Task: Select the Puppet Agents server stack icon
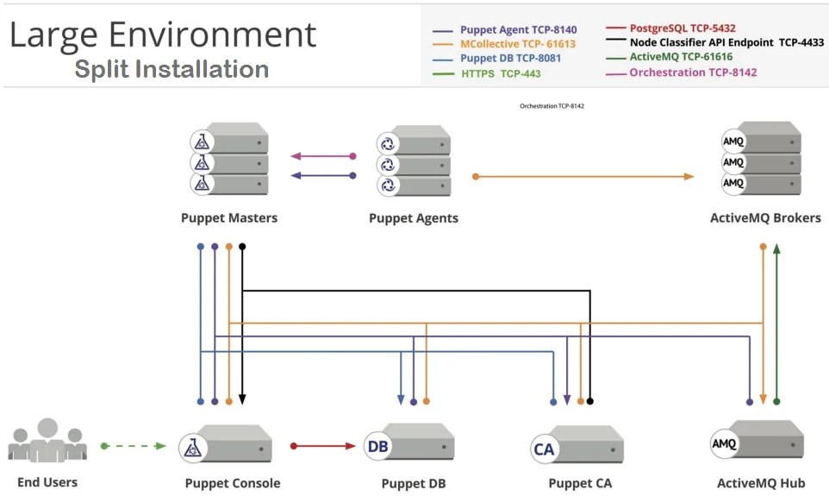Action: (x=413, y=162)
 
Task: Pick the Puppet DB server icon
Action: (x=408, y=445)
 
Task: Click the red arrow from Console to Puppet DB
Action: (x=324, y=446)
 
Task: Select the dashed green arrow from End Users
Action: (x=134, y=446)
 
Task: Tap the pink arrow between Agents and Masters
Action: (x=322, y=156)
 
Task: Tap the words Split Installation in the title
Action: (x=171, y=69)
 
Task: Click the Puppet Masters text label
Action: (x=229, y=218)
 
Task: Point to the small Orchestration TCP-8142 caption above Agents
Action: (x=552, y=106)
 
